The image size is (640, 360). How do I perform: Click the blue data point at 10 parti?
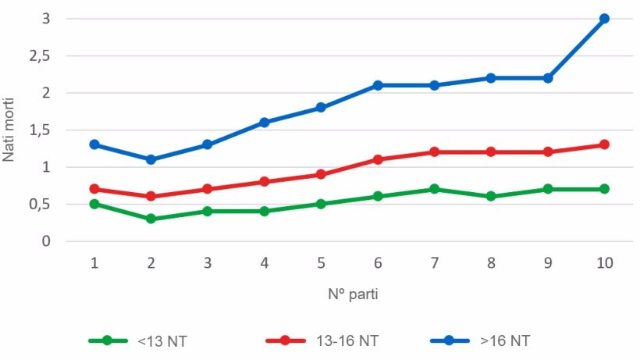point(604,19)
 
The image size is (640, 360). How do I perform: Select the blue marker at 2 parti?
point(151,159)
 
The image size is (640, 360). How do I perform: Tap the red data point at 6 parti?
point(378,159)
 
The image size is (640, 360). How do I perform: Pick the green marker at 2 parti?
point(151,219)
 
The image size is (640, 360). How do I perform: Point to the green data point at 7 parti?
point(434,189)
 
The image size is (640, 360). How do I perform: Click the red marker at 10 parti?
point(604,144)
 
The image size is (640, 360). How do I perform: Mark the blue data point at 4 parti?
point(264,123)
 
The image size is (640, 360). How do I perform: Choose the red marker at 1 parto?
point(94,189)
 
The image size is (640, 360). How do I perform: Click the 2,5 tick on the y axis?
point(40,56)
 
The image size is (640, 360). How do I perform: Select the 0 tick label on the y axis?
point(47,241)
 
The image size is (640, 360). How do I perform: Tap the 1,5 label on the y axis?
point(40,130)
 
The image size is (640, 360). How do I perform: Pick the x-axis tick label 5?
point(321,263)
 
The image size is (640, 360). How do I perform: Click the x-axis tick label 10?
point(604,263)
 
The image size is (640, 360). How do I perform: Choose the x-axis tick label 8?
point(491,263)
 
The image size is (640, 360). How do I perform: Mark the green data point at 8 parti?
point(491,196)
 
